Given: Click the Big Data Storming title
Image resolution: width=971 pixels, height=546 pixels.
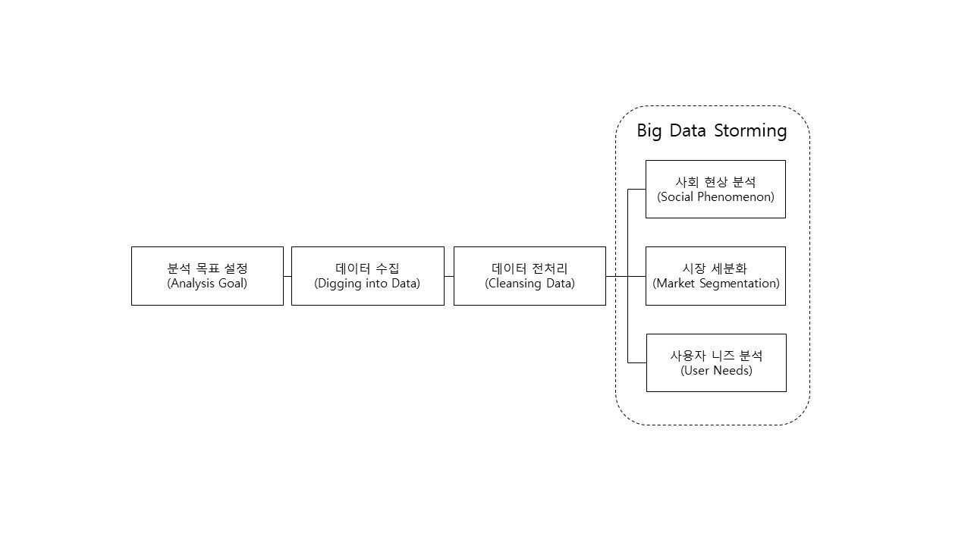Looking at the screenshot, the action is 712,131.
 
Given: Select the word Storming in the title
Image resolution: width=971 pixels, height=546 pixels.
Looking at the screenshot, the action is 750,131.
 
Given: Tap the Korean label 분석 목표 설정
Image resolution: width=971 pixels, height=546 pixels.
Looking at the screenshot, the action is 207,268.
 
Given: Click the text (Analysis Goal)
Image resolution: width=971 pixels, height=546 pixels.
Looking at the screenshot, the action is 207,284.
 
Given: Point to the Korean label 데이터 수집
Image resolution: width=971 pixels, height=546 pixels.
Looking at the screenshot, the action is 368,268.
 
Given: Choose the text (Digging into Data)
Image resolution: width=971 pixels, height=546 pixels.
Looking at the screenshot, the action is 367,284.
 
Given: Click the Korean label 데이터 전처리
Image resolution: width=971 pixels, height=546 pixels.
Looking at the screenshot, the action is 529,268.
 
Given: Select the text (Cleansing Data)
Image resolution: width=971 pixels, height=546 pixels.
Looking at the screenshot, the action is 529,284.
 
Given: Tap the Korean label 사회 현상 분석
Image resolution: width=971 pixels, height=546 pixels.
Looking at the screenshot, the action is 715,181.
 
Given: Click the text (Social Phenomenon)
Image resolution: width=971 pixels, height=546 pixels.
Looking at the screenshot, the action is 715,196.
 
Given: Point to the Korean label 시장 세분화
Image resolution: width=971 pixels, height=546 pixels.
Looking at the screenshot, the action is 715,268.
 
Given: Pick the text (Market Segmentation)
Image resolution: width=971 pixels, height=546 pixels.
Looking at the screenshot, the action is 716,284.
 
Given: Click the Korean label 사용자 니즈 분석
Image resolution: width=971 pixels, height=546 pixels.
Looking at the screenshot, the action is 717,356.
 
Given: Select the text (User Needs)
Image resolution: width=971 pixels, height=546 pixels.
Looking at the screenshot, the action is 717,371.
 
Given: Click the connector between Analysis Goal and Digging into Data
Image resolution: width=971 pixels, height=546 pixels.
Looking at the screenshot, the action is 288,276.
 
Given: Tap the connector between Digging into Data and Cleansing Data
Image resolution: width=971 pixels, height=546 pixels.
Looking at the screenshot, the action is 449,276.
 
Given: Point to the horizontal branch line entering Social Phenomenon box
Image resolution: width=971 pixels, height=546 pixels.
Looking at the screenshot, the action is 636,189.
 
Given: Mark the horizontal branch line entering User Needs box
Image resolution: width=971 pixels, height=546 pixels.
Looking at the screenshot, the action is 637,362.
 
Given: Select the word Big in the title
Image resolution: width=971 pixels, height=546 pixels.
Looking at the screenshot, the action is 649,131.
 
